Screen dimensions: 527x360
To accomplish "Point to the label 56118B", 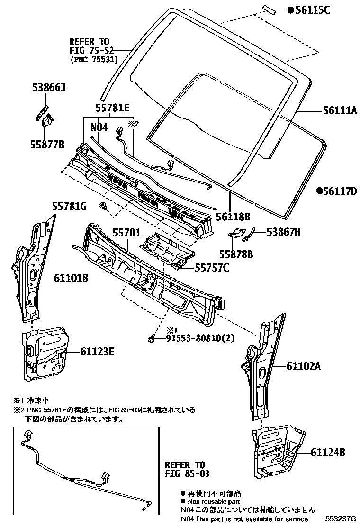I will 233,217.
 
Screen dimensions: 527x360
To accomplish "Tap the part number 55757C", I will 212,268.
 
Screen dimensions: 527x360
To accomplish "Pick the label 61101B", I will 71,279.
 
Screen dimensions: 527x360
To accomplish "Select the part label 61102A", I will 304,366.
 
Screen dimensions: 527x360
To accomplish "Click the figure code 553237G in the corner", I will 340,519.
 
